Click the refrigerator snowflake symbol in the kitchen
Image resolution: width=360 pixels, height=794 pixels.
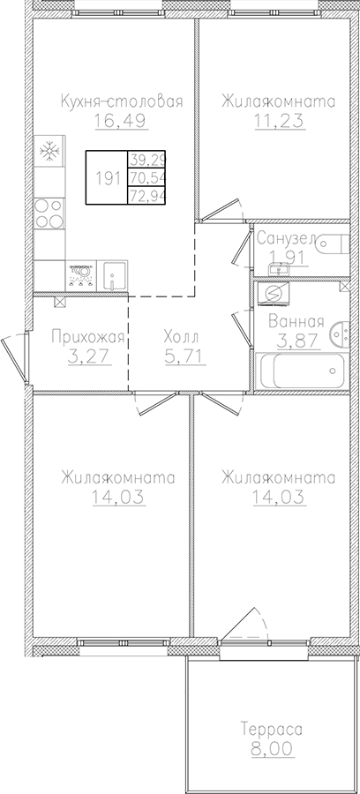[49, 151]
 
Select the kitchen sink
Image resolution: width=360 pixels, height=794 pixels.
[113, 275]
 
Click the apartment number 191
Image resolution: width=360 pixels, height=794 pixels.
[108, 177]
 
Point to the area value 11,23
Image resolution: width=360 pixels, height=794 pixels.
[278, 121]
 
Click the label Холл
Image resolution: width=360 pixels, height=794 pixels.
[182, 337]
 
